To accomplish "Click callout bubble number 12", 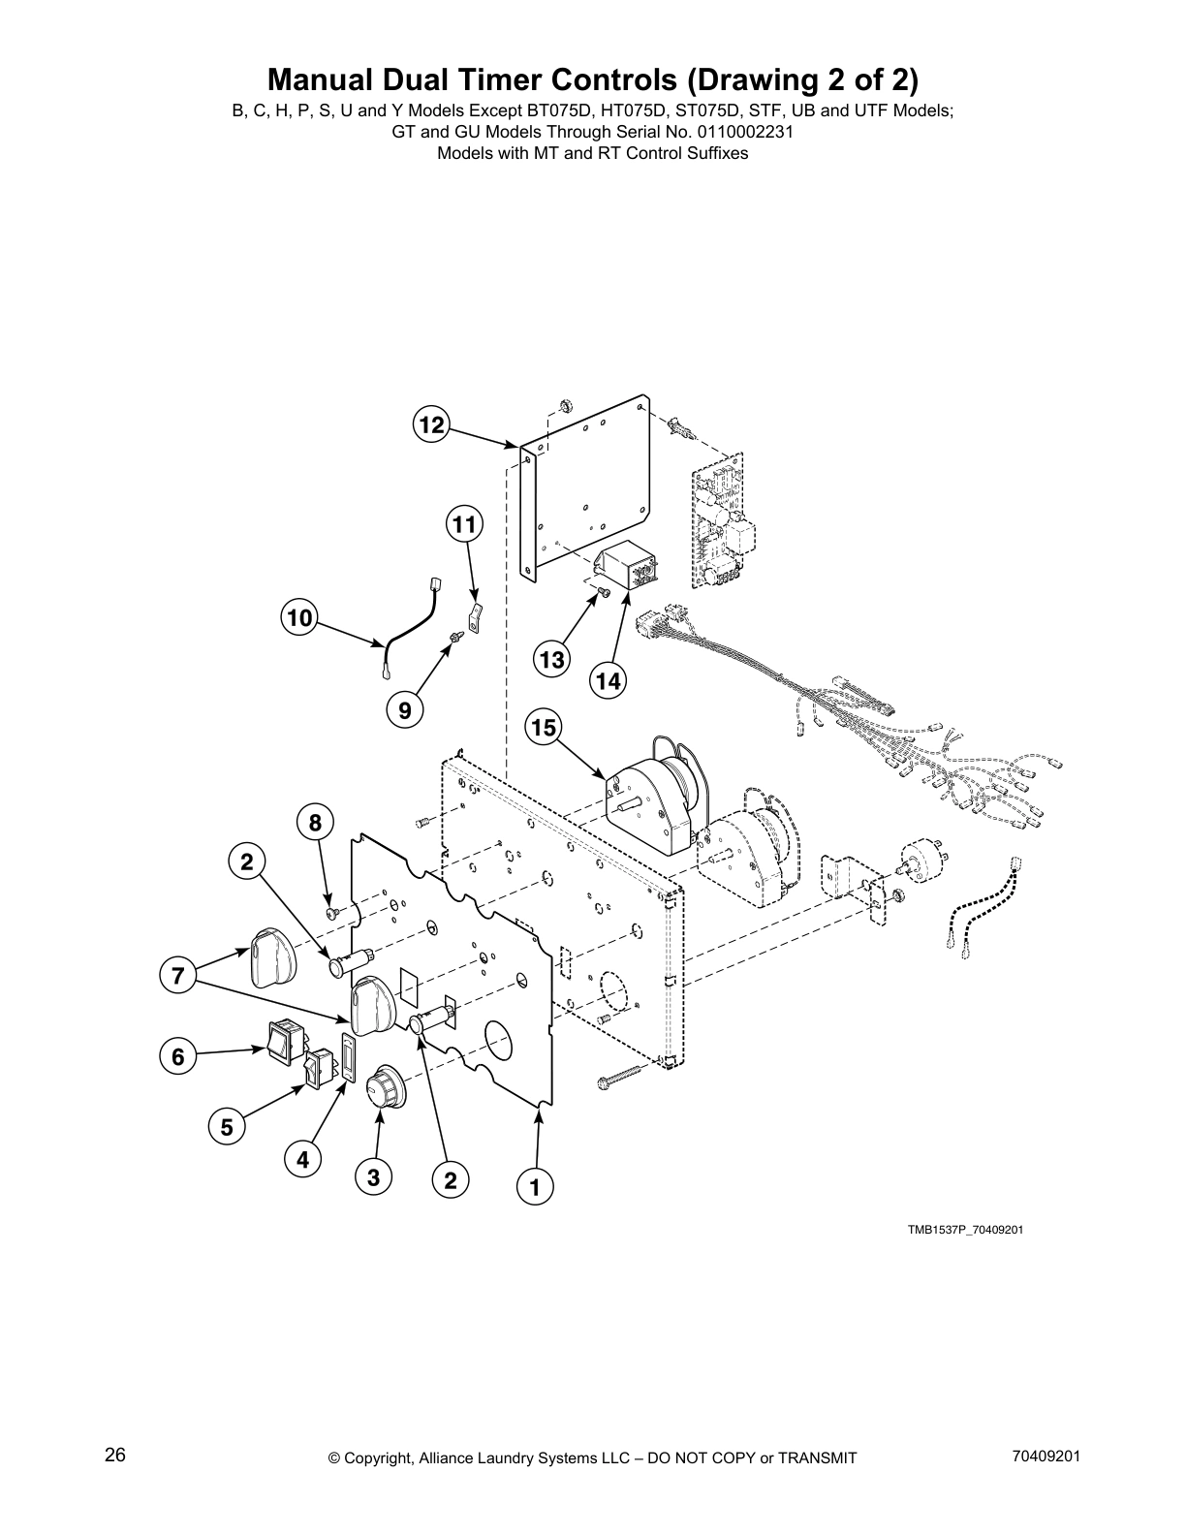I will [x=431, y=424].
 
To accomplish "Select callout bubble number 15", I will [x=544, y=727].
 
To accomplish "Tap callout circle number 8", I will [x=315, y=823].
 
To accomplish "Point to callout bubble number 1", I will [x=534, y=1185].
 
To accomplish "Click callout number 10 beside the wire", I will [x=299, y=617].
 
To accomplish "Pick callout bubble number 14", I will [x=608, y=681].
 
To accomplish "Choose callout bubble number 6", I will [x=177, y=1056].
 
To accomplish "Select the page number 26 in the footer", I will [x=115, y=1456].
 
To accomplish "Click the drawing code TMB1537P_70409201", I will [x=965, y=1231].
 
